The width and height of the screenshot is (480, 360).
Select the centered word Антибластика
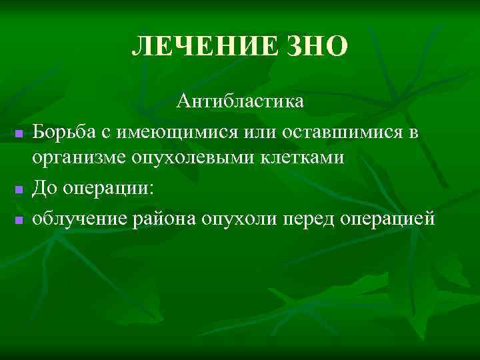[240, 101]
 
